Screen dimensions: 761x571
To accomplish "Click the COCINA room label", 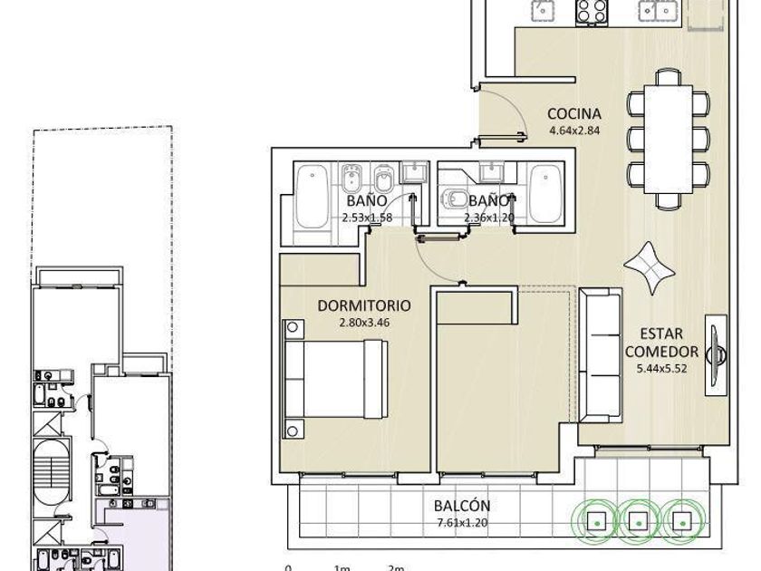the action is [574, 113].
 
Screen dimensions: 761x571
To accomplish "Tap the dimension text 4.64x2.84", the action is [574, 131].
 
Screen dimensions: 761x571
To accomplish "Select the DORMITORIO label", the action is [364, 305].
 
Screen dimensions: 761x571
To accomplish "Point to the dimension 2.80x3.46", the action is [364, 323].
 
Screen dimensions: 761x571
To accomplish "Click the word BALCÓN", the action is [462, 506].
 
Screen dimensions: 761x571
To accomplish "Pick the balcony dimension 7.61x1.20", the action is [462, 523].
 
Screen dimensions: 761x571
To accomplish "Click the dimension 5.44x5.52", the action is [661, 368].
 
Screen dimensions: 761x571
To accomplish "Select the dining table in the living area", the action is [669, 139].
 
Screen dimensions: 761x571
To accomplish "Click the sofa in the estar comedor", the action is [601, 355].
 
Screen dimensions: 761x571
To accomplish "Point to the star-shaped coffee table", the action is [649, 268].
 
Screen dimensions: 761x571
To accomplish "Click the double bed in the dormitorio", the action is [335, 379].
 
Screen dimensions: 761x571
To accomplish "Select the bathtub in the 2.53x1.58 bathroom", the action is [312, 197].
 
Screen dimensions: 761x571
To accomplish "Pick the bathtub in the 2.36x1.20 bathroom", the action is [546, 194].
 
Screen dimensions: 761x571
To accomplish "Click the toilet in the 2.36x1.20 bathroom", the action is [454, 198].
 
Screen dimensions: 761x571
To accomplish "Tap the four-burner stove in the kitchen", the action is [592, 12].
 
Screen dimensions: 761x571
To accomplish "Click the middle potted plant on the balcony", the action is [638, 521].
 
